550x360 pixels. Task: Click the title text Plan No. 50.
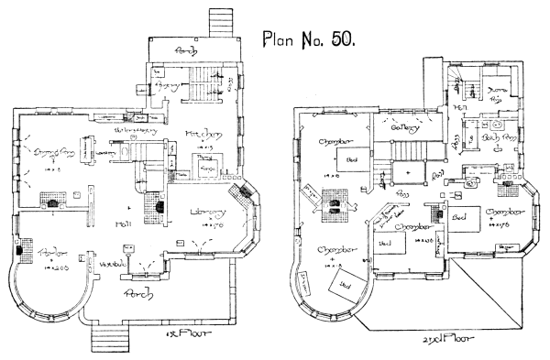pos(313,40)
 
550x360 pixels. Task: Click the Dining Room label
pos(52,150)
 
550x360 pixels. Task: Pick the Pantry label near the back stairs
pos(169,84)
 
